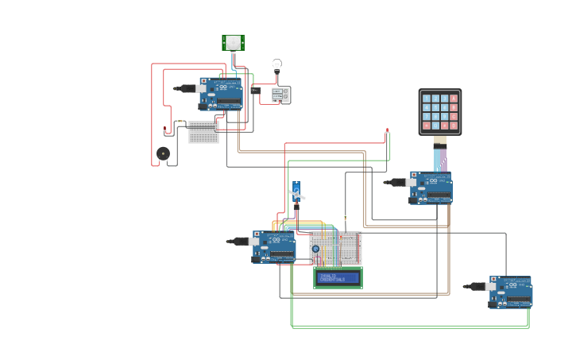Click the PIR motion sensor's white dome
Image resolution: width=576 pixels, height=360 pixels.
234,42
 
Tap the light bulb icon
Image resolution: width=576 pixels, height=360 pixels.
276,64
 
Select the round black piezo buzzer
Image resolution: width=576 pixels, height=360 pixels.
163,153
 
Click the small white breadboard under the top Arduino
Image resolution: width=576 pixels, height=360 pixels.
203,132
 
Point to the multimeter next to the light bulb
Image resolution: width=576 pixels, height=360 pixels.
280,95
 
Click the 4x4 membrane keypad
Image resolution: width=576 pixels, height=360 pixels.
440,111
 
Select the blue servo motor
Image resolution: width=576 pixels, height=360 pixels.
296,192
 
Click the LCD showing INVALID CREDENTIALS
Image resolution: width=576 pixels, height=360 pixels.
338,277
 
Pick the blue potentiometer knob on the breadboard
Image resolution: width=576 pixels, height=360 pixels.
315,249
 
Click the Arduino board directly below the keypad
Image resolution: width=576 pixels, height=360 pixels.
431,188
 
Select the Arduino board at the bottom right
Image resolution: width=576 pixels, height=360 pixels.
511,292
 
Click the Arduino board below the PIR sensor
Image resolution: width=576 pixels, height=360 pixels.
221,94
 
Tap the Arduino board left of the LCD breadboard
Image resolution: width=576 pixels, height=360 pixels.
274,246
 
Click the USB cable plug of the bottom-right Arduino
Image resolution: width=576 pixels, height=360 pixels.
477,286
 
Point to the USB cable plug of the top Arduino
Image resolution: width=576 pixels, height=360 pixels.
187,88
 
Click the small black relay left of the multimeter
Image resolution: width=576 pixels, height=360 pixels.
255,91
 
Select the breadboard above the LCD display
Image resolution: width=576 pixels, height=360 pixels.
335,248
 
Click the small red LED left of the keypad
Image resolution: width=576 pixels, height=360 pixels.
387,130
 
